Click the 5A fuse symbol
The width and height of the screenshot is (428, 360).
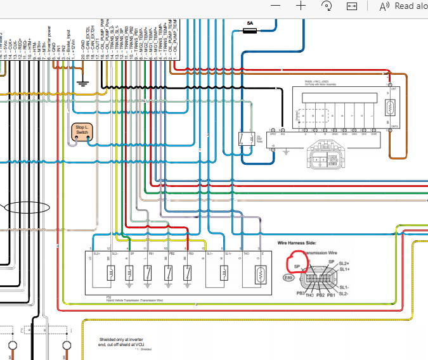click(x=250, y=30)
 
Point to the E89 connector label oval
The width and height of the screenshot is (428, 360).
click(x=289, y=278)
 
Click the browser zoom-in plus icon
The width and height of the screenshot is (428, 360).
click(x=301, y=5)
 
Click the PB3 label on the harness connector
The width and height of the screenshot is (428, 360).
click(x=300, y=293)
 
